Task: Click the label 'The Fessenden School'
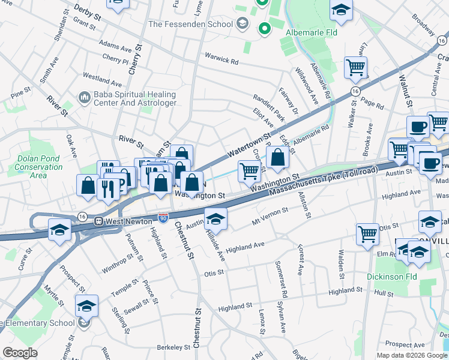[x=190, y=25]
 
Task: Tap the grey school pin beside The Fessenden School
[x=243, y=25]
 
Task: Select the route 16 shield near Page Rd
[x=356, y=91]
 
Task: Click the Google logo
[x=20, y=353]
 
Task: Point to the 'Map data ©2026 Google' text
[x=412, y=355]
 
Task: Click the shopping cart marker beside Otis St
[x=367, y=234]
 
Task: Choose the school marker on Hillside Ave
[x=215, y=218]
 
